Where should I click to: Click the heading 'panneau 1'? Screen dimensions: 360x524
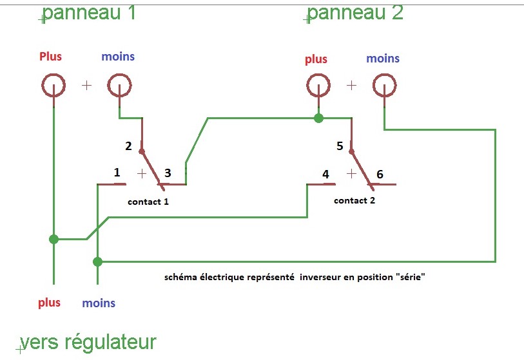pyautogui.click(x=89, y=12)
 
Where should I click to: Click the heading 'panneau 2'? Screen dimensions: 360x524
pyautogui.click(x=355, y=12)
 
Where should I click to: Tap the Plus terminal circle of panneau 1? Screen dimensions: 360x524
pyautogui.click(x=53, y=84)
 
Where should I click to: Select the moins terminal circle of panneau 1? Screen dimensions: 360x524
pyautogui.click(x=119, y=84)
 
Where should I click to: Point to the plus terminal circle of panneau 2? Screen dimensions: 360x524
pyautogui.click(x=317, y=84)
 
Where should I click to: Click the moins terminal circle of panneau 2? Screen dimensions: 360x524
pyautogui.click(x=383, y=84)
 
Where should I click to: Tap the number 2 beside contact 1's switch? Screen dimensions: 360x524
pyautogui.click(x=128, y=146)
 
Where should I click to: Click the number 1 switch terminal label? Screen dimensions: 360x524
pyautogui.click(x=117, y=173)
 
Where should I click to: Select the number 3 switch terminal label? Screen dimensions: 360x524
pyautogui.click(x=168, y=173)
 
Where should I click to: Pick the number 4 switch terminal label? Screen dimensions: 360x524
pyautogui.click(x=325, y=174)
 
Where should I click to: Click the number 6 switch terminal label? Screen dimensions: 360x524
pyautogui.click(x=379, y=174)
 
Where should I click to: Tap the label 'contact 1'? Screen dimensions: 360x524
pyautogui.click(x=148, y=202)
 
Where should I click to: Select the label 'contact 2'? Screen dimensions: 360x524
pyautogui.click(x=354, y=200)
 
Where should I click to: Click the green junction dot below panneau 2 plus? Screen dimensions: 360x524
pyautogui.click(x=318, y=118)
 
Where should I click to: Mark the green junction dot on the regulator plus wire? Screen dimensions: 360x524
pyautogui.click(x=53, y=240)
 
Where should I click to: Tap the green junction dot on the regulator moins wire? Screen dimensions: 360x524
pyautogui.click(x=97, y=261)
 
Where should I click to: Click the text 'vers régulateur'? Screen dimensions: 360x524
pyautogui.click(x=88, y=342)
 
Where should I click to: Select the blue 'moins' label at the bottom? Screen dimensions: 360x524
pyautogui.click(x=99, y=303)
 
